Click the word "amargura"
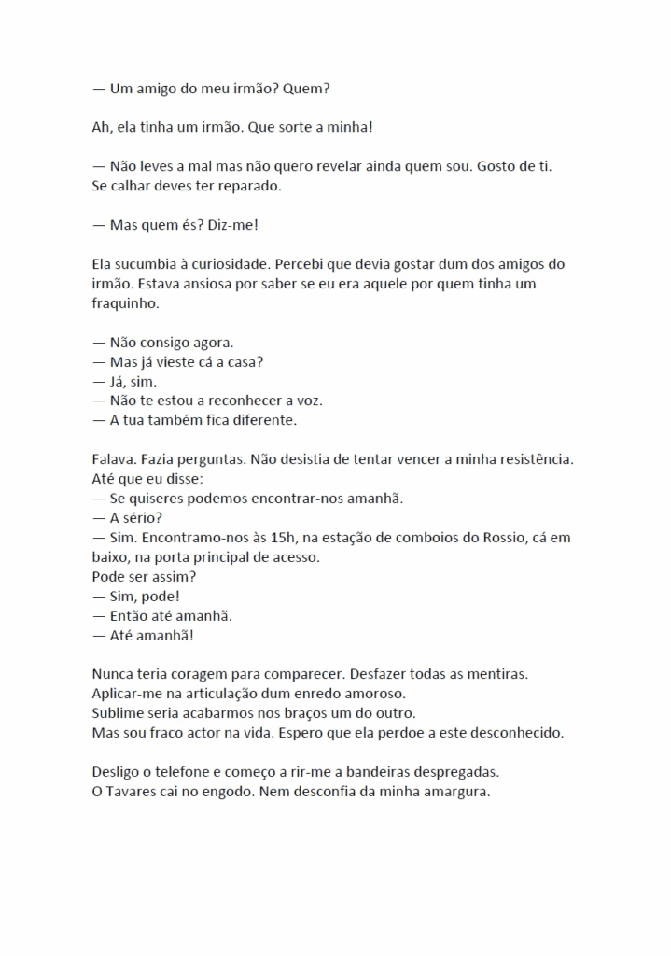tap(454, 792)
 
